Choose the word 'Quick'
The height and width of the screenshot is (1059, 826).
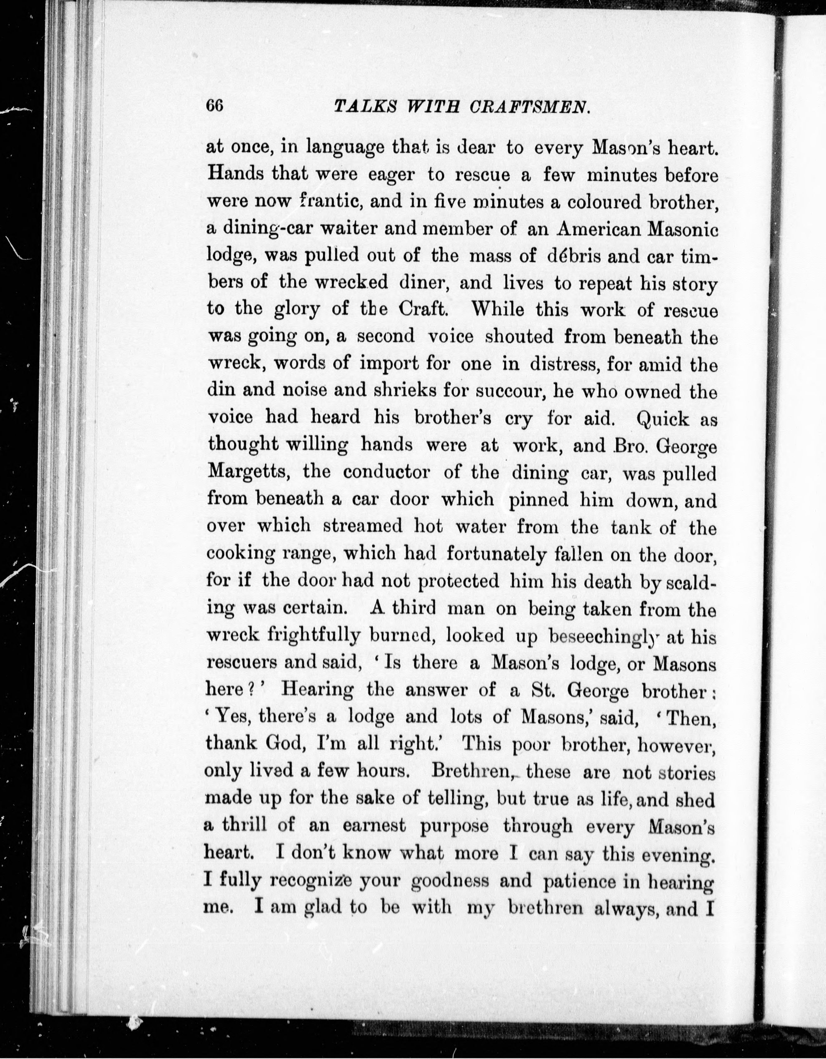tap(663, 418)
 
